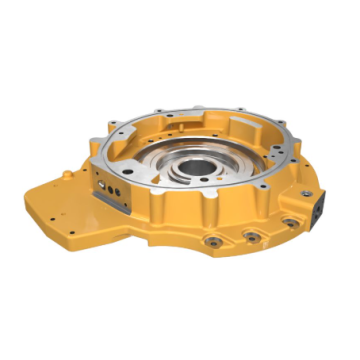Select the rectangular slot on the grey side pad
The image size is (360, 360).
coord(107,179)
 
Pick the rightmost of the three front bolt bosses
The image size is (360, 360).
coord(290,224)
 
